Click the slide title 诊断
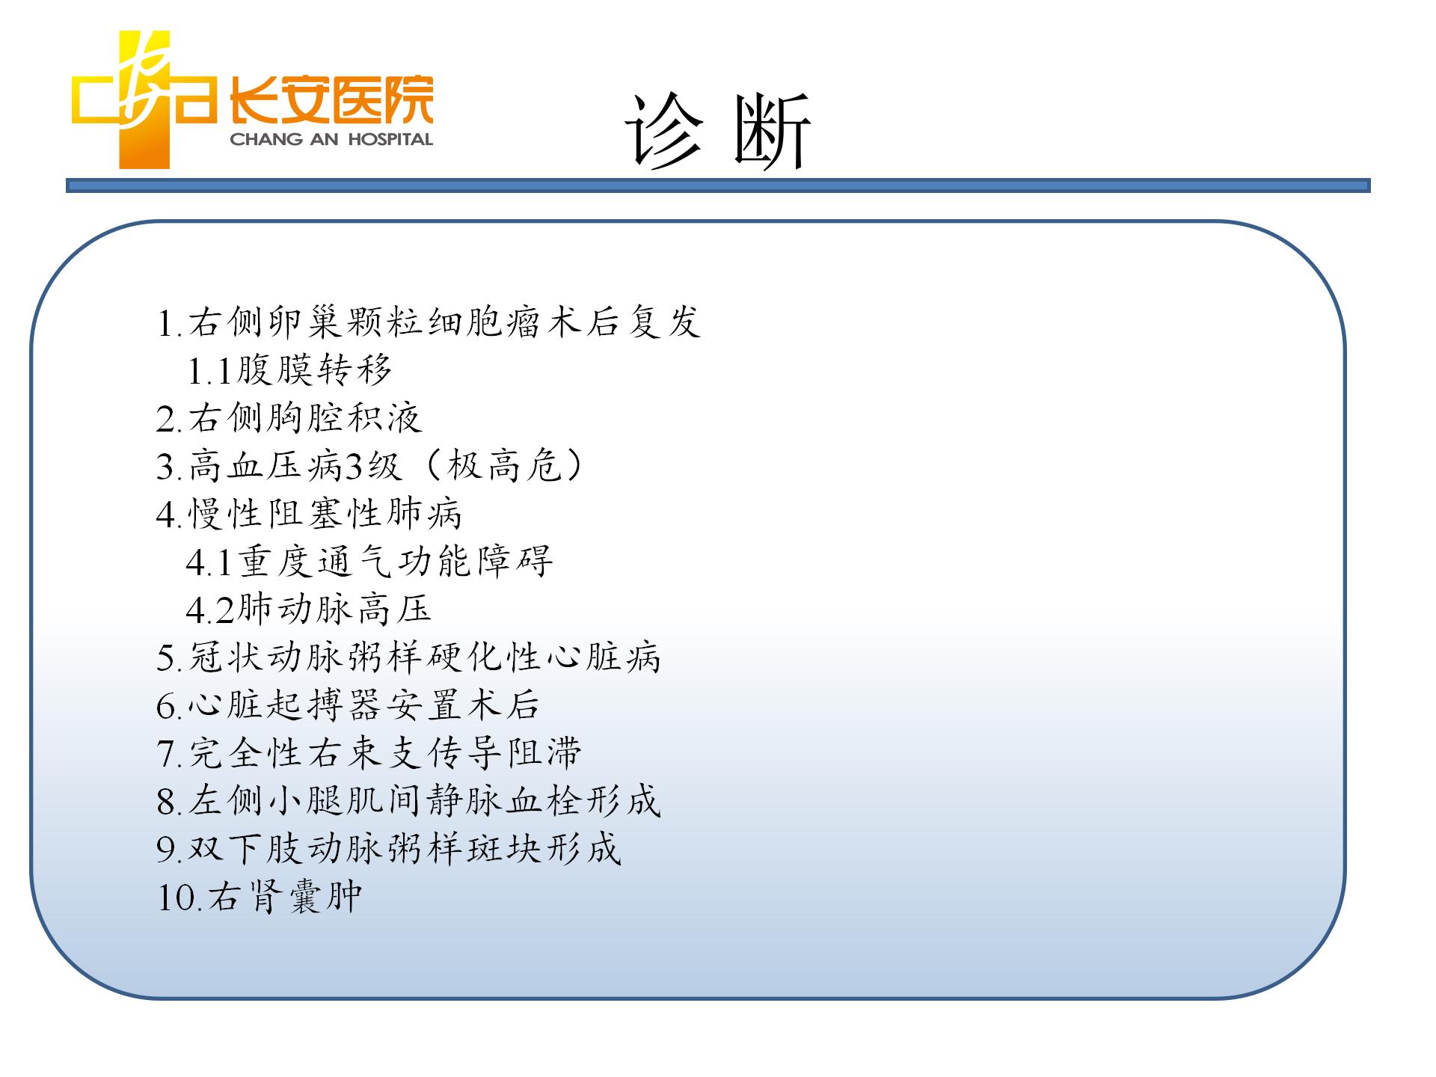pos(718,132)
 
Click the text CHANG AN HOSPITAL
pos(331,139)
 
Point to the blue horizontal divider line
pos(718,185)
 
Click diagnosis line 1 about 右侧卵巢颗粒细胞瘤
pos(429,322)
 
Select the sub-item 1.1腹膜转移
pos(289,370)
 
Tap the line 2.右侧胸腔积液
pos(289,418)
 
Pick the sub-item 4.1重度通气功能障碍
pos(369,562)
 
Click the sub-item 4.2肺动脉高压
pos(309,610)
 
